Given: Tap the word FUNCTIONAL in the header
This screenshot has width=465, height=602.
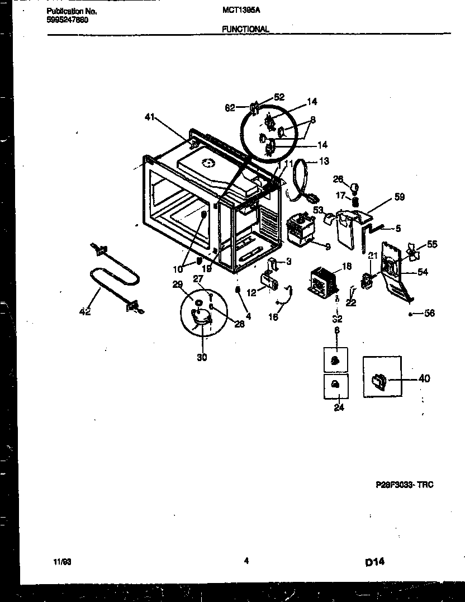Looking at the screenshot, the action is pos(245,29).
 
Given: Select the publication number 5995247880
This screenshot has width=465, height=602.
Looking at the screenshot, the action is pos(67,20).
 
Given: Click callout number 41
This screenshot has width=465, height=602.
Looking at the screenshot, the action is pos(149,117).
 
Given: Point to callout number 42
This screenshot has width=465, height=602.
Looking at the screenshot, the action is pos(85,312).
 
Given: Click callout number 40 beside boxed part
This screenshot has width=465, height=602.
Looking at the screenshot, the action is pos(424,378).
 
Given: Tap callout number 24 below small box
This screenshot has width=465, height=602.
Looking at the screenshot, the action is pos(339,407).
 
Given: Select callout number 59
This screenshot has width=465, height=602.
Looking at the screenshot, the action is pos(399,197).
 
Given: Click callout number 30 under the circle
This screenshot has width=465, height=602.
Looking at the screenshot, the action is pos(202,357).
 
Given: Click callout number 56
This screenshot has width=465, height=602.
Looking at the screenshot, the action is pos(429,313).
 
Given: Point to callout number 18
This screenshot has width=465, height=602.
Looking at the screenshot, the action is pos(347,267).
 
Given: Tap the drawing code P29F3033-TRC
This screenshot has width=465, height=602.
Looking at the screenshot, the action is pos(404,485).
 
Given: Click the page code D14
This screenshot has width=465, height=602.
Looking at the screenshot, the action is pos(375,562).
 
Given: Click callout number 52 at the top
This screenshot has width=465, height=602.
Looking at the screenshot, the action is pos(279,96).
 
